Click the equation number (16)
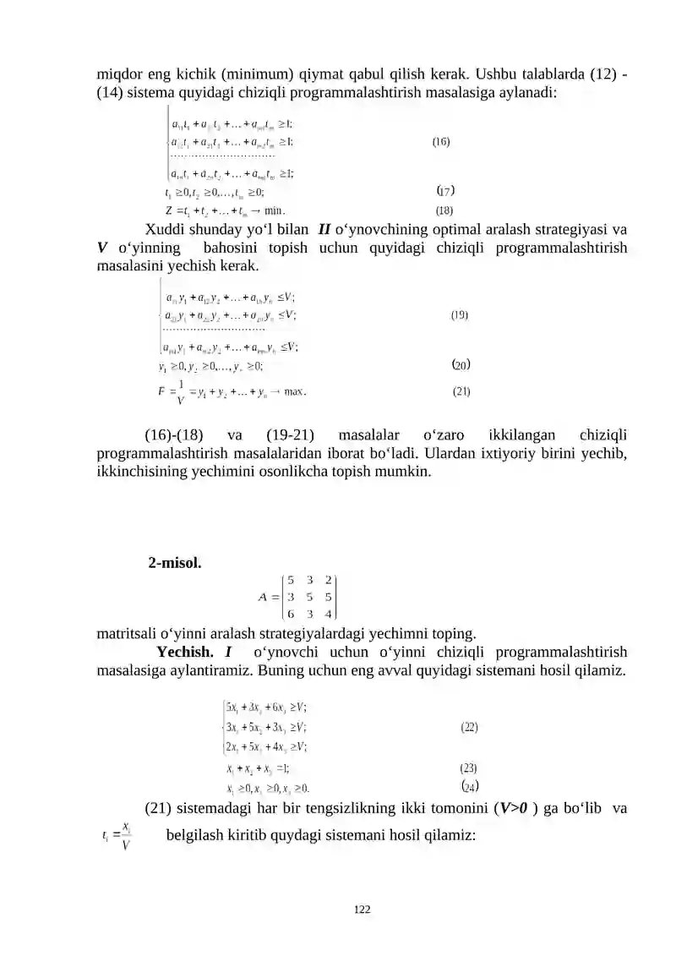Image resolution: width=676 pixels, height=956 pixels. point(440,143)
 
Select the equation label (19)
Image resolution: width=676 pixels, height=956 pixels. point(460,315)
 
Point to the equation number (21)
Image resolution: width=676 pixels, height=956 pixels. point(461,391)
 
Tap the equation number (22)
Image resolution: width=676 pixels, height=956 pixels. point(469,726)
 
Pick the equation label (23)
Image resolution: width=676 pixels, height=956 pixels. point(469,768)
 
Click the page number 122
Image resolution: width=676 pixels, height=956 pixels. point(363,910)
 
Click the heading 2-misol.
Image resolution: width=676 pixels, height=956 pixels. point(175,562)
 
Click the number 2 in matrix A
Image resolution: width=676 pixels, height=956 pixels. point(327,580)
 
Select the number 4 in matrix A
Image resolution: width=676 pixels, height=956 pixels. point(327,614)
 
